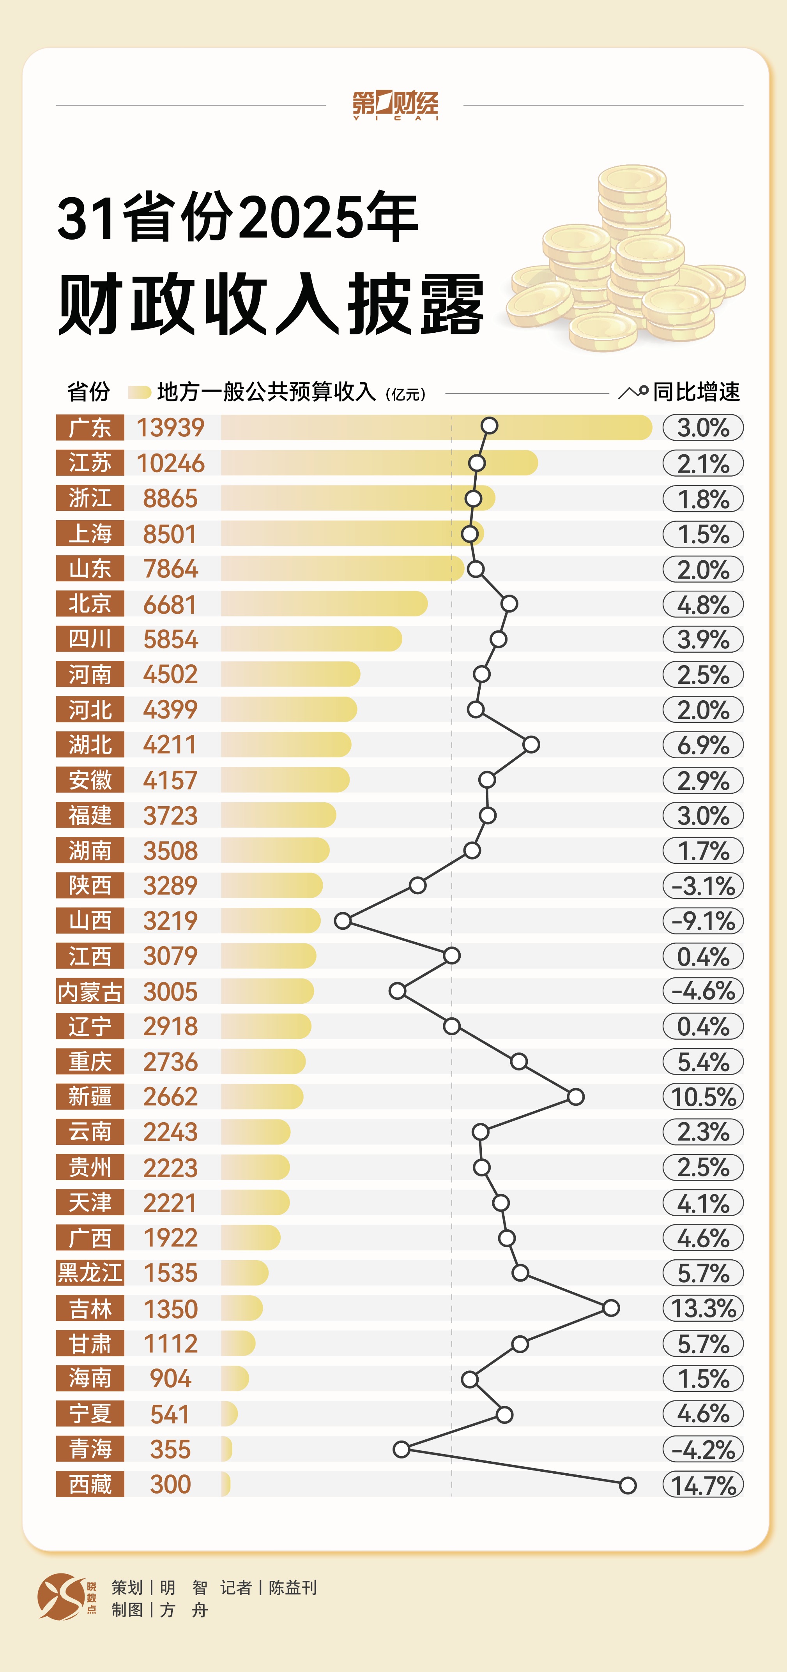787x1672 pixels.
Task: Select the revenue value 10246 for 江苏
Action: coord(170,463)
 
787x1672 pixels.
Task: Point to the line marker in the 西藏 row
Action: coord(627,1485)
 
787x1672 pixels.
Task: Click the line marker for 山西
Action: coord(343,920)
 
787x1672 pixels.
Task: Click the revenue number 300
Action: coord(170,1485)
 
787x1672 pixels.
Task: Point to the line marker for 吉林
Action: coord(610,1308)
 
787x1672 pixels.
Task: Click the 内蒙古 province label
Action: coord(90,992)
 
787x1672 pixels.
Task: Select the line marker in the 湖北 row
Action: coord(531,745)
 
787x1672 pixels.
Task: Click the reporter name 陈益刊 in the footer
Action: coord(293,1587)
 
